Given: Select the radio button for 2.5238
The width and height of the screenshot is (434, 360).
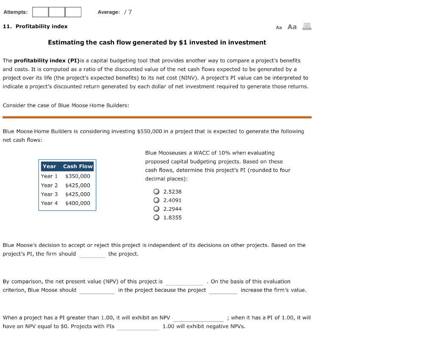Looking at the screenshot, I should click(x=156, y=191).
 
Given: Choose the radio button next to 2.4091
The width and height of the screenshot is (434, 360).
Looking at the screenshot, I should click(x=156, y=200).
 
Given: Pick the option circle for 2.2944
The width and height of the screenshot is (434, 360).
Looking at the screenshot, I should click(x=156, y=209).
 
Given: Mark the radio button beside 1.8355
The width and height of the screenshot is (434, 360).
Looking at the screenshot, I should click(x=156, y=218).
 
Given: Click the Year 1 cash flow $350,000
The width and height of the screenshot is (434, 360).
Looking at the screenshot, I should click(x=78, y=176).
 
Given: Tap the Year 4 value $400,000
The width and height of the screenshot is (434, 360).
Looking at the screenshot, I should click(x=78, y=203).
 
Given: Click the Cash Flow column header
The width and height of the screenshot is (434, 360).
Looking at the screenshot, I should click(x=78, y=166).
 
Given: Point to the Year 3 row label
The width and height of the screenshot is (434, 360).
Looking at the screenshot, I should click(x=49, y=194).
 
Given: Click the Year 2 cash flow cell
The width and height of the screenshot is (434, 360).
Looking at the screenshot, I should click(x=78, y=186).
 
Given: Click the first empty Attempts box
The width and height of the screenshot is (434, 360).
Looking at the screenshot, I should click(x=40, y=12).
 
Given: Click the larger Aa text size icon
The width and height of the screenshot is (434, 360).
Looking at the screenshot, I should click(x=292, y=27).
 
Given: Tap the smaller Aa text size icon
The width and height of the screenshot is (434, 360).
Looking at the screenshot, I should click(x=279, y=28).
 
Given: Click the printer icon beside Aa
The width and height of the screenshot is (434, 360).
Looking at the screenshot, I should click(x=306, y=27).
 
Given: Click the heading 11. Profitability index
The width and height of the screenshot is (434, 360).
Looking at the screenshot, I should click(x=35, y=26).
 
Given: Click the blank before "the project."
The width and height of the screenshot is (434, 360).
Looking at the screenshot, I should click(x=92, y=254).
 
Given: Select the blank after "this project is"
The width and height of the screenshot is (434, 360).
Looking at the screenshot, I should click(x=184, y=282).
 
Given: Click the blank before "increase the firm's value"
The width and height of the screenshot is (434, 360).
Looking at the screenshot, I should click(x=223, y=290).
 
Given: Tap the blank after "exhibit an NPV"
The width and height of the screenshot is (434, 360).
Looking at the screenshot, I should click(x=198, y=318).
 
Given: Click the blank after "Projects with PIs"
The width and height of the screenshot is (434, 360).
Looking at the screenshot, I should click(x=138, y=327).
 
